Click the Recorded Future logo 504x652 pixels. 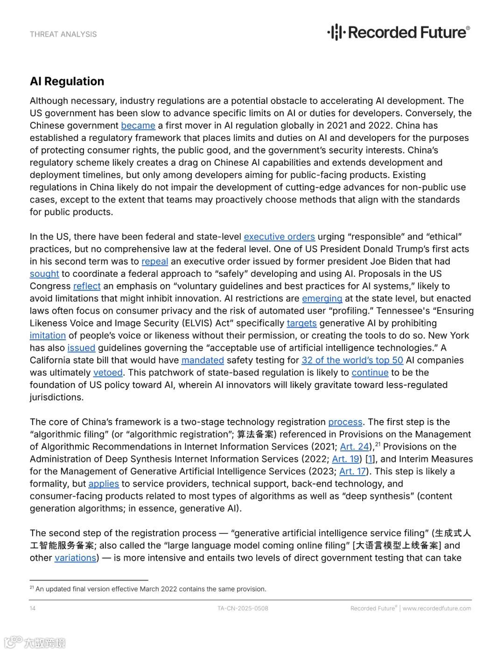(x=399, y=32)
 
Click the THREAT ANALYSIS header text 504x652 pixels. (x=63, y=34)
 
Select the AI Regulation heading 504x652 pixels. (x=67, y=81)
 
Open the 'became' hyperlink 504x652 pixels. (x=138, y=126)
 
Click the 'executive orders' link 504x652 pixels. (x=279, y=237)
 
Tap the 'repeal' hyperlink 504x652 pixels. (x=154, y=261)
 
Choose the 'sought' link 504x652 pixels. (x=44, y=273)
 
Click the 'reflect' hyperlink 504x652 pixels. (x=87, y=286)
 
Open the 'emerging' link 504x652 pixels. (x=322, y=298)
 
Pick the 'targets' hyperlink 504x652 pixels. (x=301, y=323)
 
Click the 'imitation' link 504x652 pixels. (x=48, y=336)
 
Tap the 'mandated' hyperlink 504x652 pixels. (x=203, y=360)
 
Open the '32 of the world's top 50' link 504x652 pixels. (x=352, y=360)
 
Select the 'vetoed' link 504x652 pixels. (x=108, y=372)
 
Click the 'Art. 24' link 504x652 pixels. (x=354, y=447)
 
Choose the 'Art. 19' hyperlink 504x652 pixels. (x=345, y=459)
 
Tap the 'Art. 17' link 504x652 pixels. (x=353, y=471)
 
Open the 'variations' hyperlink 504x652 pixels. (x=75, y=558)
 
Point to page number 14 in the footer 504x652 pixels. (x=33, y=608)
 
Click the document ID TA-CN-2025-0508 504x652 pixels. (x=243, y=608)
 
